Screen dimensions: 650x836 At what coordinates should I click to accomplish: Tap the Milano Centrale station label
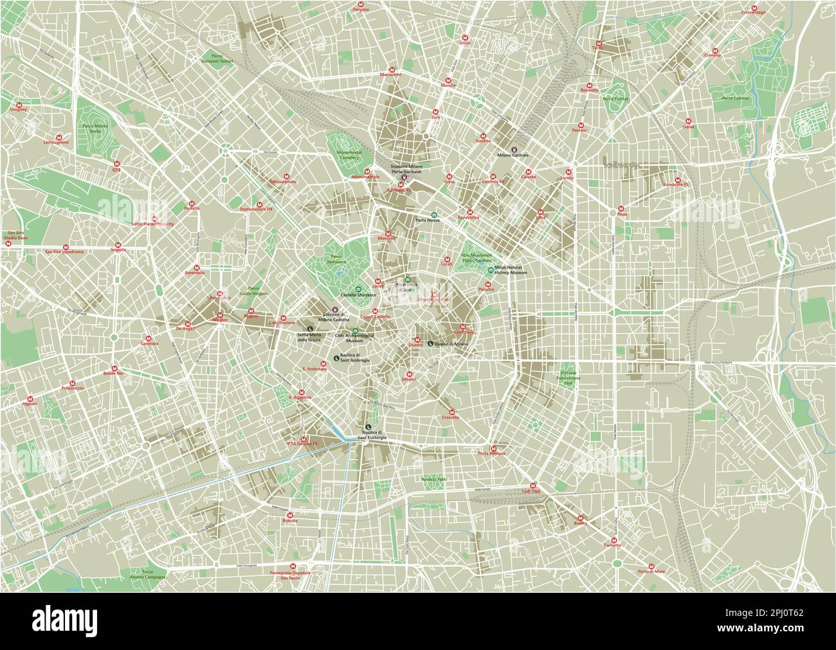(x=513, y=156)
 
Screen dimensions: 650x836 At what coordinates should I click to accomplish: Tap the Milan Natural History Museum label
(x=511, y=270)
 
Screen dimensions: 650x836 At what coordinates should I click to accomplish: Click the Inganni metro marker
(x=30, y=399)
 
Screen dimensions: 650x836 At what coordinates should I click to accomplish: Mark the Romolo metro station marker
(x=290, y=514)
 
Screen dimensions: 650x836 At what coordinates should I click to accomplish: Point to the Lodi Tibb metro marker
(x=532, y=485)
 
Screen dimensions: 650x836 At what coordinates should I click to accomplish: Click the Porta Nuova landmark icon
(x=433, y=215)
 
